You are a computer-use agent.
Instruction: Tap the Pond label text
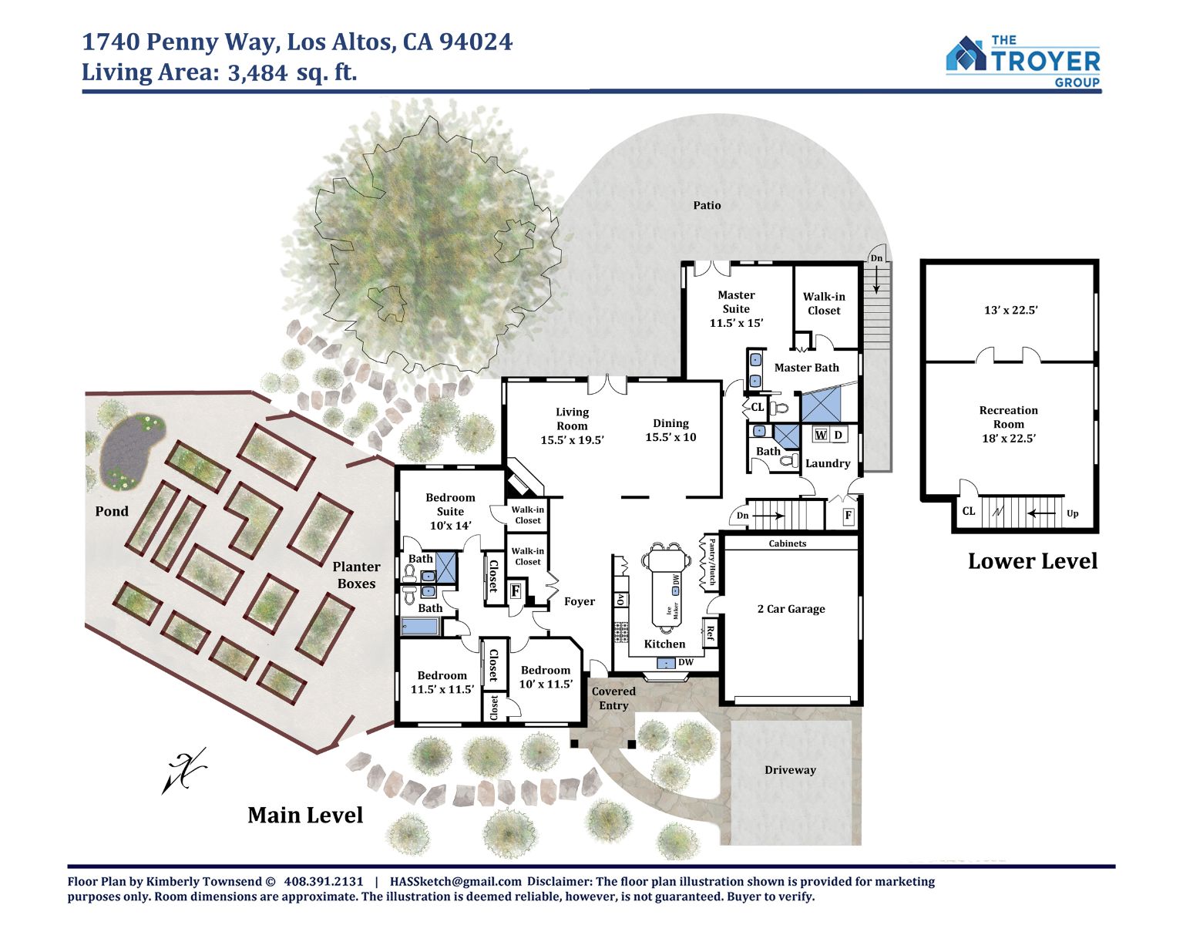[x=112, y=511]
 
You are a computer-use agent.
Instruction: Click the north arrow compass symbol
[x=184, y=770]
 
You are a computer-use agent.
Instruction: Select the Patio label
[x=707, y=205]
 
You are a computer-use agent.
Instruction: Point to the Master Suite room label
[x=736, y=308]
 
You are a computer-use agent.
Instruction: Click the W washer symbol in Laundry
[x=821, y=435]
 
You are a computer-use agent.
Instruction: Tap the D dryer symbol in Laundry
[x=839, y=435]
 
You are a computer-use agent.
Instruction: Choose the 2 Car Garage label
[x=791, y=609]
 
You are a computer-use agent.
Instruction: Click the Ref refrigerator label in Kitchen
[x=709, y=633]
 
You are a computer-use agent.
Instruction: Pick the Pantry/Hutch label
[x=711, y=562]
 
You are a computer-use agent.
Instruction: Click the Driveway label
[x=790, y=770]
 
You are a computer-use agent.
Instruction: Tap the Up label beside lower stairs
[x=1072, y=513]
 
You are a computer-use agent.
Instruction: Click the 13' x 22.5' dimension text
[x=1010, y=310]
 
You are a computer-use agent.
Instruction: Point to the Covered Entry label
[x=613, y=698]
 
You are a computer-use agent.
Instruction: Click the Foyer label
[x=580, y=601]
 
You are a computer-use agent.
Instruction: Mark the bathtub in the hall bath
[x=420, y=626]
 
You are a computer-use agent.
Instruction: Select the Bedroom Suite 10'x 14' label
[x=450, y=511]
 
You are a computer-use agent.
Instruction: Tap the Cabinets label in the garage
[x=787, y=543]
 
